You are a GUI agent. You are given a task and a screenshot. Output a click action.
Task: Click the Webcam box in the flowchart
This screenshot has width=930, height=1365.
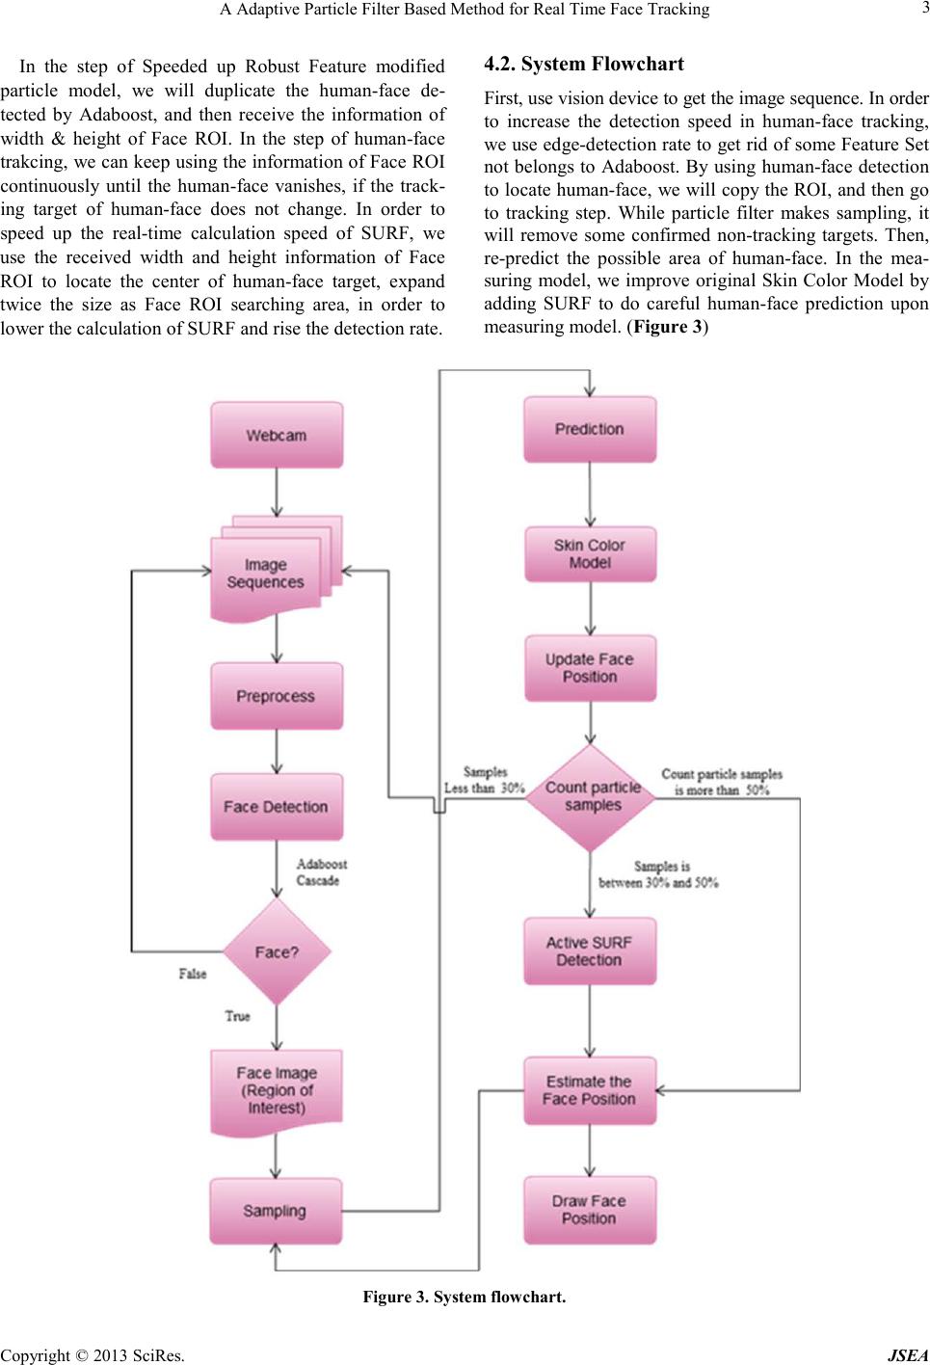[x=277, y=436]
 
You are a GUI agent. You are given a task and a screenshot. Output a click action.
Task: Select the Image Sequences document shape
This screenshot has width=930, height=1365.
[x=267, y=575]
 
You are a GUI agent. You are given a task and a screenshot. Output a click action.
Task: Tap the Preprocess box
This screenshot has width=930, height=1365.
[x=277, y=696]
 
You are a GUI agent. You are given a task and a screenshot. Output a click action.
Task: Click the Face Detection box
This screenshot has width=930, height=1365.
[x=277, y=807]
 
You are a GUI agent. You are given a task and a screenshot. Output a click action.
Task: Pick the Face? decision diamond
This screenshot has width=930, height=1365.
[x=277, y=952]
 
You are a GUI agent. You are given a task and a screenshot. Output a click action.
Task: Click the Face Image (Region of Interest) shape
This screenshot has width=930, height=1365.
[x=277, y=1091]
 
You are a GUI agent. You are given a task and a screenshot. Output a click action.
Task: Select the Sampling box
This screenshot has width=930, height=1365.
[x=276, y=1211]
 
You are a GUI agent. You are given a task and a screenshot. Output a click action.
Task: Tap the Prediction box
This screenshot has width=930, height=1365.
[x=590, y=429]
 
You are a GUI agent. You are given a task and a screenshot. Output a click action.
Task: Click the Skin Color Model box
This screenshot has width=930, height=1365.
[x=590, y=554]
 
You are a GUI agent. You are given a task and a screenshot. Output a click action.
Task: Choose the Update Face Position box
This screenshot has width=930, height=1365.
[x=590, y=668]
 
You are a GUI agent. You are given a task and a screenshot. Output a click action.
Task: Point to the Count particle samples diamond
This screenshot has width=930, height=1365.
[x=592, y=796]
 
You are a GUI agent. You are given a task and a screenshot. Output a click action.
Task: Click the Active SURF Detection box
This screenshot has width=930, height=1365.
[x=590, y=951]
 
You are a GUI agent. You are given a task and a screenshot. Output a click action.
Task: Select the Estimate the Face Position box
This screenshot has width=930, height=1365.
[x=590, y=1090]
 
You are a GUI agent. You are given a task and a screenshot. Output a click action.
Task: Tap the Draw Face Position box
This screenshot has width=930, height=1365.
[x=590, y=1210]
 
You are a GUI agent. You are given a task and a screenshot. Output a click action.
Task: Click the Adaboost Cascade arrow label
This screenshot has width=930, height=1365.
[x=321, y=872]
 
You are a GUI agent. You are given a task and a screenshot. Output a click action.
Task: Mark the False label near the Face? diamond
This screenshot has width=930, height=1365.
[x=193, y=974]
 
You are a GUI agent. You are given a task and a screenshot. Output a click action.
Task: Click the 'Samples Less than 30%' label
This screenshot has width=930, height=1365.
[x=485, y=780]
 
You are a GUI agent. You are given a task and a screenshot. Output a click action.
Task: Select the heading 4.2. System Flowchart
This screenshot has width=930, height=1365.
[x=584, y=65]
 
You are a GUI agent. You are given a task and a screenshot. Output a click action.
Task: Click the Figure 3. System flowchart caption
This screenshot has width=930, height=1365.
[x=464, y=1297]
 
